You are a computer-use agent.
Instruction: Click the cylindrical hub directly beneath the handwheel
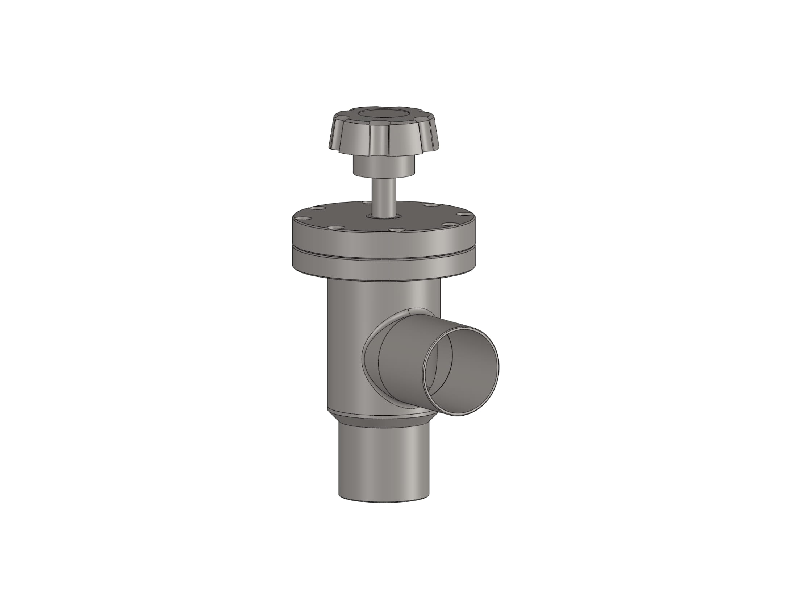click(384, 166)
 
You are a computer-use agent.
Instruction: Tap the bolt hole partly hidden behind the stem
click(365, 202)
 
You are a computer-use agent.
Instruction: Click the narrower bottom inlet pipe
click(383, 463)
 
